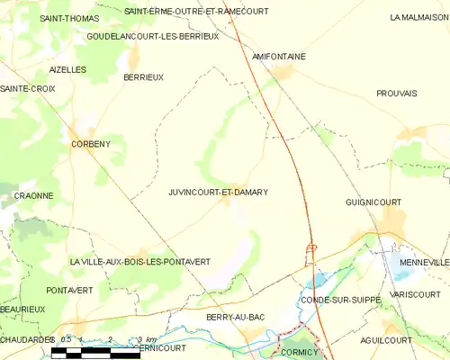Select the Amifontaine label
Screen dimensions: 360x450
(278, 56)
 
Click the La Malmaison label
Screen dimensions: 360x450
(418, 17)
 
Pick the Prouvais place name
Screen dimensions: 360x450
(397, 94)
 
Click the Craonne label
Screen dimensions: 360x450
(33, 195)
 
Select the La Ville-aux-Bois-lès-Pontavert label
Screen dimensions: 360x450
(139, 262)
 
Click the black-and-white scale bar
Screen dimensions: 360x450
(95, 354)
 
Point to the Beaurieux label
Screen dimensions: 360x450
(22, 309)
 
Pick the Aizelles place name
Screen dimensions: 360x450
(67, 69)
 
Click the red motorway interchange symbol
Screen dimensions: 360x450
(312, 247)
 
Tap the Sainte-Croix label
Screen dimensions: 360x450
(28, 88)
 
